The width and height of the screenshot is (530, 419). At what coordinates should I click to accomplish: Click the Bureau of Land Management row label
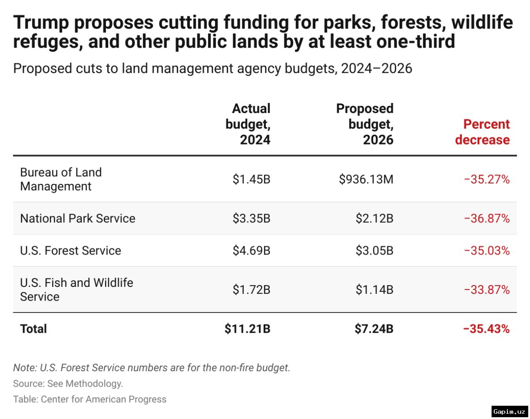tap(61, 179)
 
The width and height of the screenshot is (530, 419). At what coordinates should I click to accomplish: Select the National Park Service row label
tap(78, 218)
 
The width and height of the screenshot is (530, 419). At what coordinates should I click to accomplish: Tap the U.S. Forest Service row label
tap(71, 251)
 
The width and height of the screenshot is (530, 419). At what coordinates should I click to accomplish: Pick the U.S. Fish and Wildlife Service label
tap(76, 289)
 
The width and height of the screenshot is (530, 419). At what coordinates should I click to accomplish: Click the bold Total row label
tap(34, 329)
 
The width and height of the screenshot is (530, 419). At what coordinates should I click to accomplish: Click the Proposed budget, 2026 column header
tap(365, 124)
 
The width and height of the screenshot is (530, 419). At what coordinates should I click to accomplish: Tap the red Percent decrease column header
tap(483, 132)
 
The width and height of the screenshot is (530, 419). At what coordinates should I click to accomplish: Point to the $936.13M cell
tap(366, 179)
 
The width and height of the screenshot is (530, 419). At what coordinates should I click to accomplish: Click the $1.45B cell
tap(251, 179)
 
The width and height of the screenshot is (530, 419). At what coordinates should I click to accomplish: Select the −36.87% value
tap(487, 218)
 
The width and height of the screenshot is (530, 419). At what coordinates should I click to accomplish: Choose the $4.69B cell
tap(251, 251)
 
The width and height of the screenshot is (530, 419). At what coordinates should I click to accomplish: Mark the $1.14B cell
tap(375, 290)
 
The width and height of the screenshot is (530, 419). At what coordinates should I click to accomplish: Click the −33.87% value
tap(487, 290)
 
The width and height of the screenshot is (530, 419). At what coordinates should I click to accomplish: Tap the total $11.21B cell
tap(247, 329)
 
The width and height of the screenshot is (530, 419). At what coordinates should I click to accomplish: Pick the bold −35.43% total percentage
tap(486, 329)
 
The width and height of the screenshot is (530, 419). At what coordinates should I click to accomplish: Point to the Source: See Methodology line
tap(68, 383)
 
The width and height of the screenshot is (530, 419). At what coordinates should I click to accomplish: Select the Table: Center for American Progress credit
tap(90, 399)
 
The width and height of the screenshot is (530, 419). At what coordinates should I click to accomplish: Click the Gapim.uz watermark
tap(509, 411)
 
